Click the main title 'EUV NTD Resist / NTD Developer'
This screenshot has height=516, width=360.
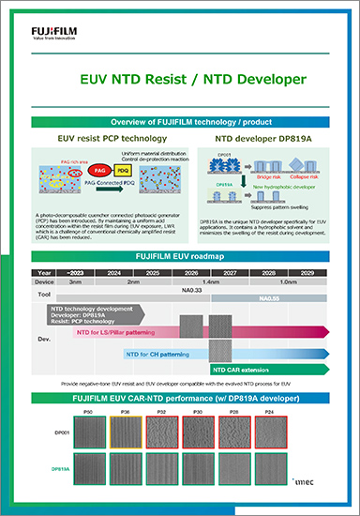pyautogui.click(x=179, y=81)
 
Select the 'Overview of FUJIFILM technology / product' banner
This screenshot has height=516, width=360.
pyautogui.click(x=179, y=123)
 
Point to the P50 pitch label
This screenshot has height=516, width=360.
pyautogui.click(x=87, y=411)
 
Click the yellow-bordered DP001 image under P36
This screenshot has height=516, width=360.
pyautogui.click(x=124, y=435)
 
